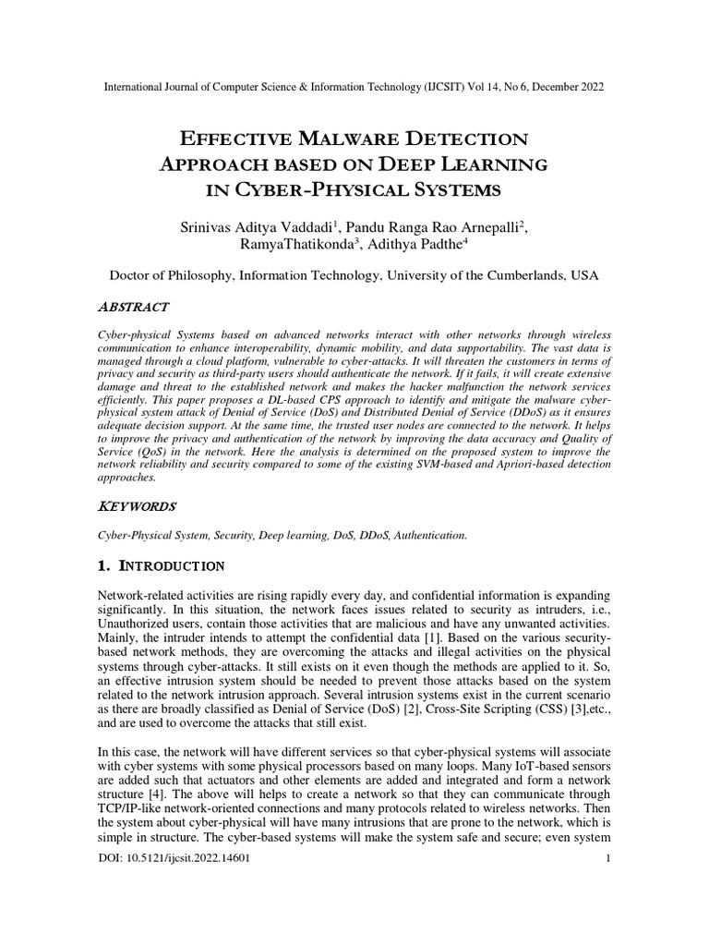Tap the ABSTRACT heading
133,306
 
